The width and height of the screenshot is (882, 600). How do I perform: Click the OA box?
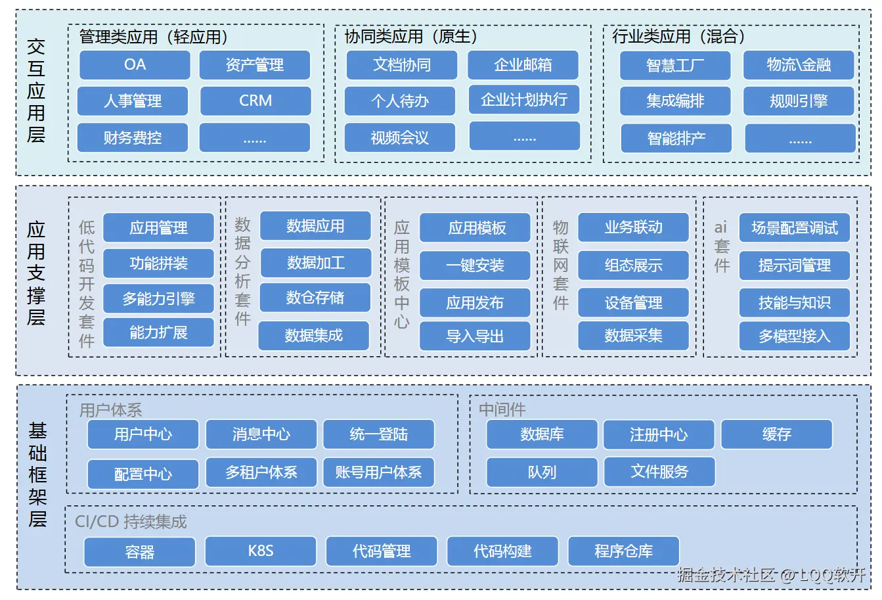[x=135, y=65]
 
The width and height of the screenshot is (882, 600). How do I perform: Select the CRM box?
[x=255, y=101]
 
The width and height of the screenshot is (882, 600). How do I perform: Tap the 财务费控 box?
[x=133, y=138]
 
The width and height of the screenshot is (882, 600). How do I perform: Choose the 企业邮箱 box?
[x=523, y=65]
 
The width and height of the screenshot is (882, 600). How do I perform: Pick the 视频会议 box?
[x=399, y=138]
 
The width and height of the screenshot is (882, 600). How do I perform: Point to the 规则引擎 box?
[x=799, y=101]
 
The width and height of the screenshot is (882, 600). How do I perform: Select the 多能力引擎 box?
[x=158, y=299]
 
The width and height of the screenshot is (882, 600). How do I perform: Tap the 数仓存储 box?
[x=315, y=298]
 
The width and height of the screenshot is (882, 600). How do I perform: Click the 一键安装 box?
[x=475, y=265]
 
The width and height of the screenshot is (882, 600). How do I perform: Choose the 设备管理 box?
[x=633, y=303]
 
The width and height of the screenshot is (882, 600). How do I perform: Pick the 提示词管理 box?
[x=795, y=265]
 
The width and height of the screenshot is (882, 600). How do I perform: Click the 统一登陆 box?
[x=379, y=434]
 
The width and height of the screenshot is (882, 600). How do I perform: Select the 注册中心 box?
[x=659, y=435]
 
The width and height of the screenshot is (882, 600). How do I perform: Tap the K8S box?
[x=261, y=551]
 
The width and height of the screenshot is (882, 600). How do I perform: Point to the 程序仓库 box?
[x=623, y=551]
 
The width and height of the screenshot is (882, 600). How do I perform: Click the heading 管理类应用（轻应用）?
[x=154, y=37]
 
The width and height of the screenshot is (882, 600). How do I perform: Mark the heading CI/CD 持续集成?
[x=131, y=522]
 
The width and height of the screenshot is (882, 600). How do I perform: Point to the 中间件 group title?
[x=502, y=410]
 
